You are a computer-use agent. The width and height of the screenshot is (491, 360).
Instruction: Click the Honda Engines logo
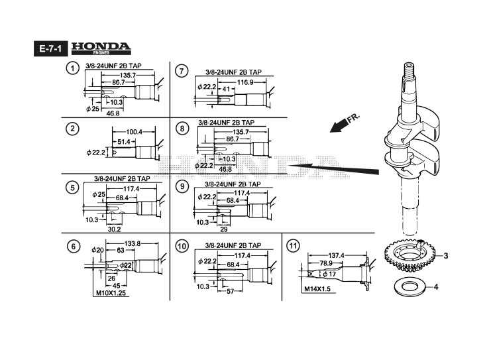coord(100,48)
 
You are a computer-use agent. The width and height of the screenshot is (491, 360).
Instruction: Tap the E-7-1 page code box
coord(49,48)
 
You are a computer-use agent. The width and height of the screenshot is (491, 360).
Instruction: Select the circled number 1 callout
coord(71,69)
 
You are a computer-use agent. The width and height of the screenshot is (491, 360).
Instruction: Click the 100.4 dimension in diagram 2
coord(135,131)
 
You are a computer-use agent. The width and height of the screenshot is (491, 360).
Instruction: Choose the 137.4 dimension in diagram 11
coord(338,255)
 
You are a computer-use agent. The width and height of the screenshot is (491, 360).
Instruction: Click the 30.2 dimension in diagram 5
coord(114,229)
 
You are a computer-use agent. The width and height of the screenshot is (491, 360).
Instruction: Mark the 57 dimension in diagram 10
coord(231,291)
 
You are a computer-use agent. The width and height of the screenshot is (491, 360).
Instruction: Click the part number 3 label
coord(445,255)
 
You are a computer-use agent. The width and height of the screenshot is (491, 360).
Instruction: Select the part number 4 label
coord(445,287)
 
